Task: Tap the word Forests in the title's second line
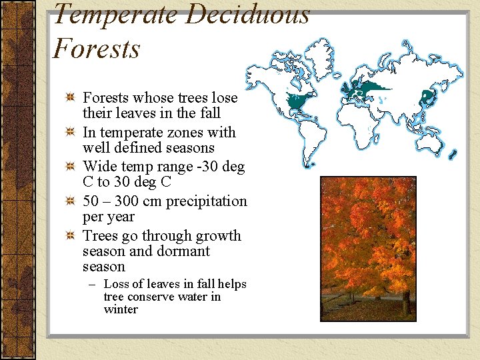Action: tap(97, 49)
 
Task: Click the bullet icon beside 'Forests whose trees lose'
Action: tap(70, 98)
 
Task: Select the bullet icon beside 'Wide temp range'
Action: tap(70, 167)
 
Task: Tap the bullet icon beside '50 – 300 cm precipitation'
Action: tap(70, 201)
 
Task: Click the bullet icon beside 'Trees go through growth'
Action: tap(70, 236)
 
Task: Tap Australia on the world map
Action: tap(437, 151)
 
